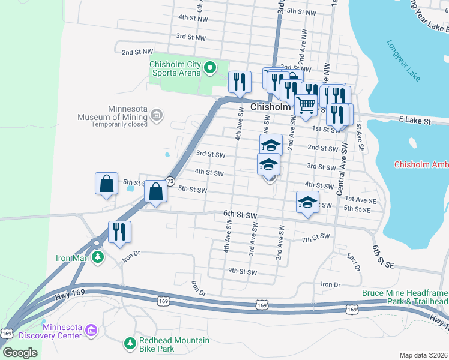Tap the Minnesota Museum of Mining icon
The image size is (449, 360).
(157, 115)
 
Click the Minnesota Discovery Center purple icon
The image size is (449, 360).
(91, 330)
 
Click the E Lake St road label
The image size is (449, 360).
(415, 121)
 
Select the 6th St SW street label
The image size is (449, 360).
(240, 214)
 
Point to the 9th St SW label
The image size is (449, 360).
(242, 272)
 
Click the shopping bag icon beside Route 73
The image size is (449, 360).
(155, 192)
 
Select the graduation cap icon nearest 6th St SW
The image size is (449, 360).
(307, 202)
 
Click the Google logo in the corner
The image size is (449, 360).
(20, 352)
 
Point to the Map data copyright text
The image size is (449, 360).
(423, 355)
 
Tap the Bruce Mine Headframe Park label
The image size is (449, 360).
(405, 297)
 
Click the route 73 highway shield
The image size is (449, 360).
(170, 181)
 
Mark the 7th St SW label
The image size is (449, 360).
(316, 238)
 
